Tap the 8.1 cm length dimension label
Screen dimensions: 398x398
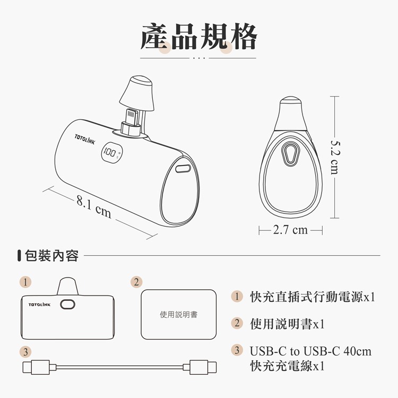[x=94, y=207]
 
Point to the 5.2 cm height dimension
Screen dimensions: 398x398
[x=334, y=157]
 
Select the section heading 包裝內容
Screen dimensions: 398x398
[x=52, y=256]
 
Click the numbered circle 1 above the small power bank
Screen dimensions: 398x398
[x=24, y=281]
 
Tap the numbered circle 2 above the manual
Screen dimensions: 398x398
[x=136, y=281]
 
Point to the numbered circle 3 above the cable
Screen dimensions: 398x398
[x=24, y=351]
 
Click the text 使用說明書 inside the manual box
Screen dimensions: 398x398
[x=178, y=315]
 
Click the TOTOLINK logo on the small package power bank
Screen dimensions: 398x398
[x=40, y=305]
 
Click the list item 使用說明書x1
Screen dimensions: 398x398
[x=287, y=324]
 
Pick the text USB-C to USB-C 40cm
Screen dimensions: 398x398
[x=310, y=351]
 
